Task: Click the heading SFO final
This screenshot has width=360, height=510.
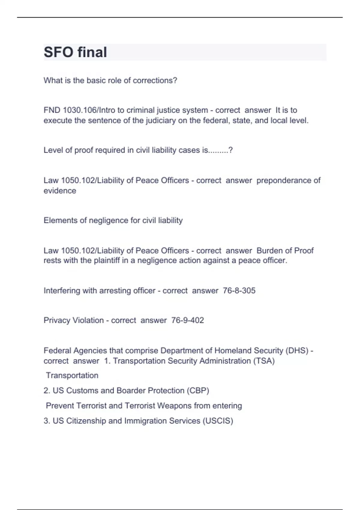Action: click(75, 52)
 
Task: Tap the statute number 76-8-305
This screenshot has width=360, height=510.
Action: click(239, 291)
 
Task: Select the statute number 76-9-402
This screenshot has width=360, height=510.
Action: click(187, 320)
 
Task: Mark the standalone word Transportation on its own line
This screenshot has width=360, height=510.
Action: click(72, 376)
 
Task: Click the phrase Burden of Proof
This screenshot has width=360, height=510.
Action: click(285, 250)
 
